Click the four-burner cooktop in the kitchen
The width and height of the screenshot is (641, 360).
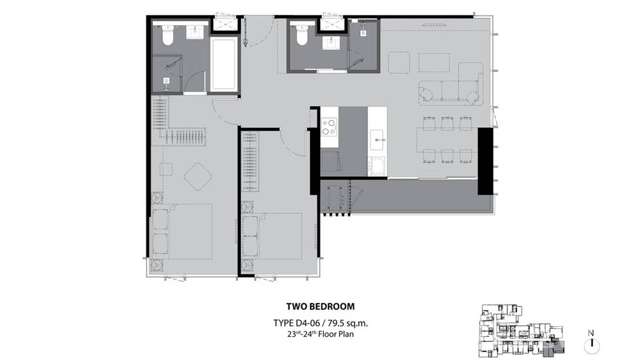click(x=329, y=126)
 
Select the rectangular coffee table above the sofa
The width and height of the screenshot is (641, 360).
click(x=434, y=63)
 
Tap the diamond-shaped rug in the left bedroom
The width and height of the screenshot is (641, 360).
click(x=198, y=176)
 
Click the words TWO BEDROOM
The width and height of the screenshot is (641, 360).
click(x=320, y=307)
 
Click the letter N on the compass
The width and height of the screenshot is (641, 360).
click(x=591, y=333)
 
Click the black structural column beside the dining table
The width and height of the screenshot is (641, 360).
click(x=485, y=161)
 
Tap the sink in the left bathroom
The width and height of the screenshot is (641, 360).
click(x=195, y=33)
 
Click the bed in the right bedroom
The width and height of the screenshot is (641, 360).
click(x=272, y=236)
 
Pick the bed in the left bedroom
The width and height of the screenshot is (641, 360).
click(x=182, y=232)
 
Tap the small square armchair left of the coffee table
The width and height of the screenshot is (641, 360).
click(x=399, y=63)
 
